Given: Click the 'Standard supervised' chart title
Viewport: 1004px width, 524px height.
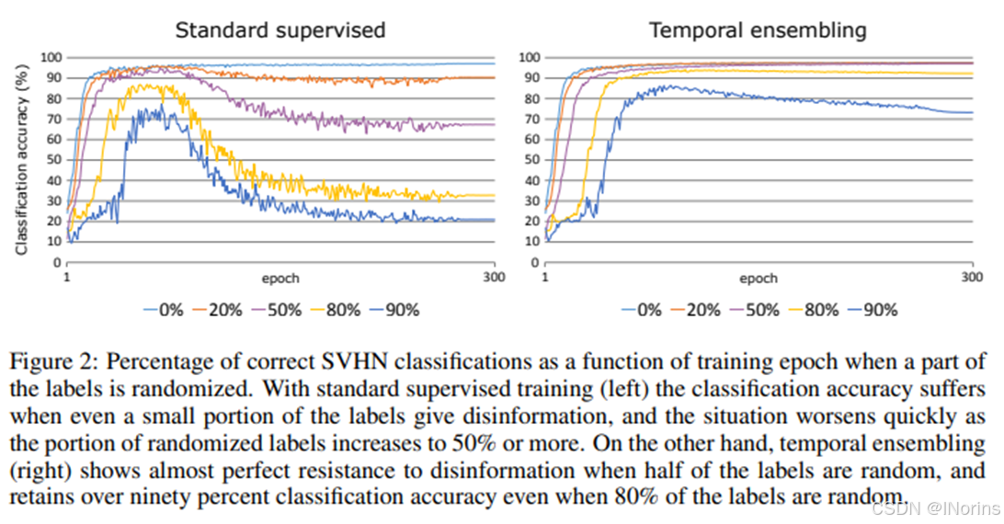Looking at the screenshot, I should tap(280, 29).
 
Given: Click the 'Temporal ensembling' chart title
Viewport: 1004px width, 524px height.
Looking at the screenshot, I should tap(758, 29).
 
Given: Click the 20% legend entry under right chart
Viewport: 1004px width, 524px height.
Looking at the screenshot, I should tap(692, 310).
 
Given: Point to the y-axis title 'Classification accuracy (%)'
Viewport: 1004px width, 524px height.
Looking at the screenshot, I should tap(21, 158).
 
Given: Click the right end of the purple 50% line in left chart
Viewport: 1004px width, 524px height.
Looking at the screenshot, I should tap(494, 124).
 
